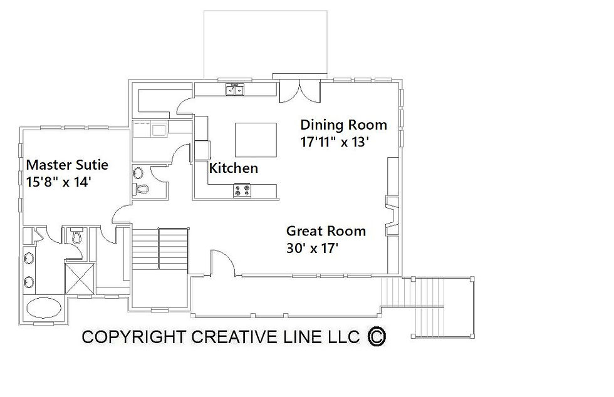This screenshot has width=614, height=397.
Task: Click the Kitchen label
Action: [x=233, y=168]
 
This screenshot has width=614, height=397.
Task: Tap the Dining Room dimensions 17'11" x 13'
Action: [x=335, y=142]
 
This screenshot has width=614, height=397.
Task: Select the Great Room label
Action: [x=326, y=231]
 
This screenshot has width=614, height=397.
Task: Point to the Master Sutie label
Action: [x=67, y=165]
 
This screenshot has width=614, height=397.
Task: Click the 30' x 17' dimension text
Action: [x=312, y=248]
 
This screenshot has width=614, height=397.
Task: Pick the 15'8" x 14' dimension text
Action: [x=58, y=182]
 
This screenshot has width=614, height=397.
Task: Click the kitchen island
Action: [x=256, y=140]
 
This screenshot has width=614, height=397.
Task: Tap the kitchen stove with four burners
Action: [x=242, y=190]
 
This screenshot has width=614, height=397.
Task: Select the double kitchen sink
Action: [x=235, y=90]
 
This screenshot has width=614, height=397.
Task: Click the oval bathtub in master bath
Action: [x=44, y=307]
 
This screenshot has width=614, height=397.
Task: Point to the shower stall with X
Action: [x=80, y=279]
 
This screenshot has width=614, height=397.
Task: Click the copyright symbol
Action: [x=377, y=336]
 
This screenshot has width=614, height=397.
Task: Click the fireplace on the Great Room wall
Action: [x=393, y=216]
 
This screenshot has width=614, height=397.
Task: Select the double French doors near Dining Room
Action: [x=300, y=91]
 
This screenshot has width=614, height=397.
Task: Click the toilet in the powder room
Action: [x=140, y=189]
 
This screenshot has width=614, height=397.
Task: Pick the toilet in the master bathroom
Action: [x=76, y=235]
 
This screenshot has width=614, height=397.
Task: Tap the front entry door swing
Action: [x=223, y=263]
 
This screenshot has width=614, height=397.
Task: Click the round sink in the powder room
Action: [x=138, y=172]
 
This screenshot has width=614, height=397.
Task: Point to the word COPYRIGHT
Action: [x=133, y=337]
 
